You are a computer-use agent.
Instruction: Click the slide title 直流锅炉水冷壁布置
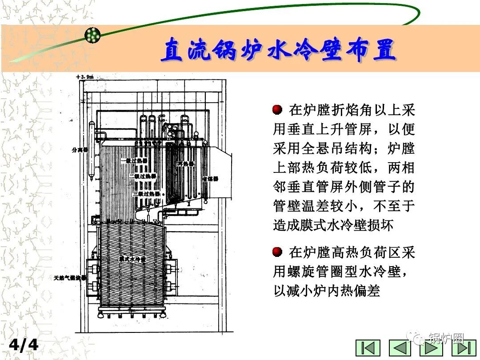pos(278,50)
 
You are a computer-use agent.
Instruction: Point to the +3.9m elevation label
pos(85,77)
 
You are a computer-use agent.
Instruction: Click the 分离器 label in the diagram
pos(80,150)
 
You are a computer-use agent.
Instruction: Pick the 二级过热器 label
pos(143,176)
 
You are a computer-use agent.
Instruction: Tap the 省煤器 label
pos(210,179)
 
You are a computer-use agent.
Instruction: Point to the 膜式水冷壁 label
pos(132,258)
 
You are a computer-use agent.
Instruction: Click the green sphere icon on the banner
pos(92,35)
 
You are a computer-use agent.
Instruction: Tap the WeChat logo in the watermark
pos(419,339)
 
